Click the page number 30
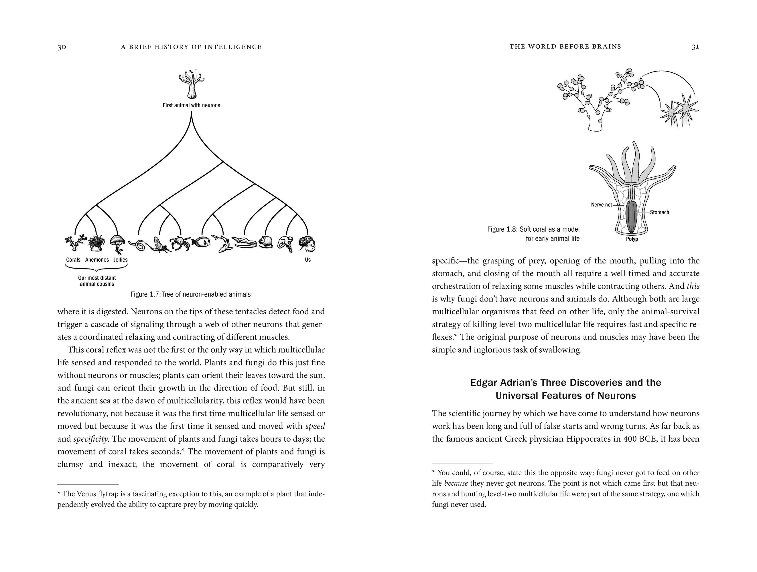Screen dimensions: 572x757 click(x=62, y=47)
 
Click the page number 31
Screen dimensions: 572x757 click(x=695, y=47)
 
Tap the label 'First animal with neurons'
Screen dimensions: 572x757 click(x=191, y=105)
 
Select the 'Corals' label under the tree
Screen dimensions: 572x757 click(x=73, y=260)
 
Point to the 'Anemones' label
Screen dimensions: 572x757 click(x=97, y=260)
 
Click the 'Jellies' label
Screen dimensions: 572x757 click(x=121, y=260)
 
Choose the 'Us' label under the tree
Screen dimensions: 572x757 click(x=308, y=260)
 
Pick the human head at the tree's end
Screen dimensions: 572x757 click(x=307, y=244)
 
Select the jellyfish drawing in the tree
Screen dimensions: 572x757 click(x=117, y=244)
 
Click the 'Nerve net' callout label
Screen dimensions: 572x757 click(x=601, y=205)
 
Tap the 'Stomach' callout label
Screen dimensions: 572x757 click(x=659, y=212)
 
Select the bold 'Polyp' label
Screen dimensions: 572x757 click(x=632, y=239)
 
